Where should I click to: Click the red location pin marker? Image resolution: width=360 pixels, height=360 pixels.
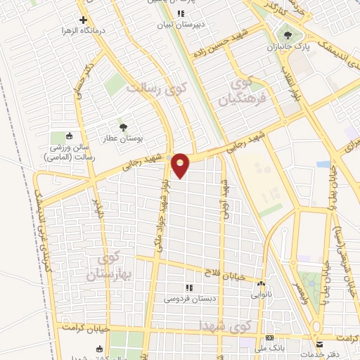(x=181, y=165)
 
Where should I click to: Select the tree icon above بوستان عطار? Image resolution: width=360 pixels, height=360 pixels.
(x=123, y=127)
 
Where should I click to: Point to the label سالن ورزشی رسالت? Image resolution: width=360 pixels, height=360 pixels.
(x=68, y=155)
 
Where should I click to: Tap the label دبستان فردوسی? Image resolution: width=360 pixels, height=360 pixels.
(x=188, y=299)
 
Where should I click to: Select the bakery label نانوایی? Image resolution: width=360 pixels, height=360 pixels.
(x=262, y=295)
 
